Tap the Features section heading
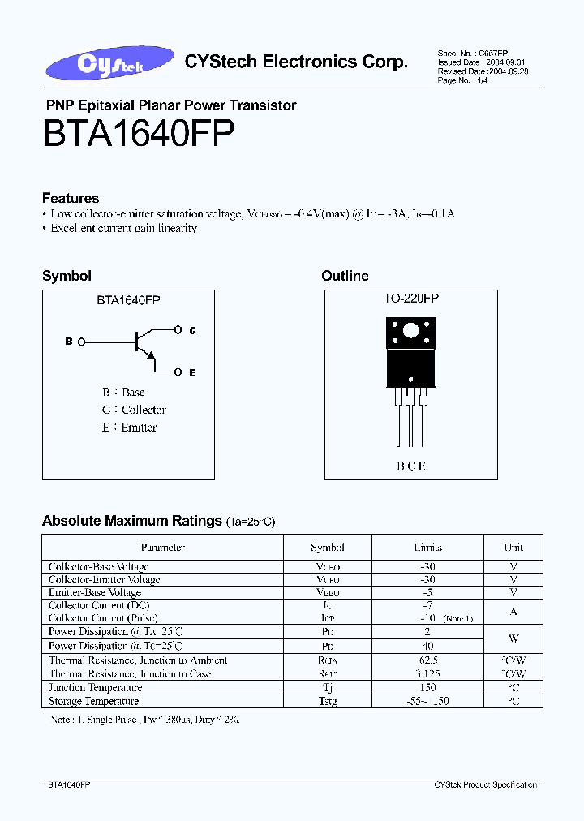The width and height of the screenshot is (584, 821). [71, 198]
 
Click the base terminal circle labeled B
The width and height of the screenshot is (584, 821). [81, 342]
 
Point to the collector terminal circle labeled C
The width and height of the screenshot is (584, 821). [178, 329]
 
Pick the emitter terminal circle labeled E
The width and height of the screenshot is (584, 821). [178, 372]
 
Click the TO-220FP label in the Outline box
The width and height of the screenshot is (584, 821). [411, 299]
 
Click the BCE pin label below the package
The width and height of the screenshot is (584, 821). [410, 466]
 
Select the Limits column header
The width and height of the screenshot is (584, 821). [427, 547]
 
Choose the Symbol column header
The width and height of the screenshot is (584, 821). [328, 547]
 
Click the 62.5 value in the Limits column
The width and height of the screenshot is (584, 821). [427, 660]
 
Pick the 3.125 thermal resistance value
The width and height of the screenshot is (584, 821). [427, 673]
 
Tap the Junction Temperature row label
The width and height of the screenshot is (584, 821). [93, 687]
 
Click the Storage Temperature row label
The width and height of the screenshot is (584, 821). [93, 701]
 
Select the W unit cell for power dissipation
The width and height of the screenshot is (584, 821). [513, 638]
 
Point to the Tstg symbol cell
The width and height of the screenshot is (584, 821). [328, 701]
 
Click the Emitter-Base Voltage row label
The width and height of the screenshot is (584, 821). [95, 592]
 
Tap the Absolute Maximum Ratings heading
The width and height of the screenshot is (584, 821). [131, 521]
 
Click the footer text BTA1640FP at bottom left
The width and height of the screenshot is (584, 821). [65, 785]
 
